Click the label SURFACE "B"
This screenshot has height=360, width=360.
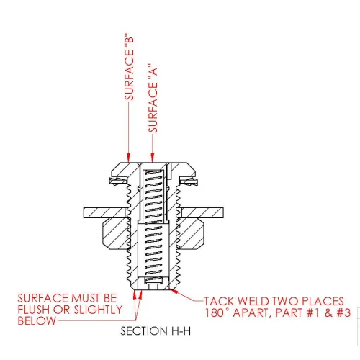click(129, 68)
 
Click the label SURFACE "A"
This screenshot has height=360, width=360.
click(153, 98)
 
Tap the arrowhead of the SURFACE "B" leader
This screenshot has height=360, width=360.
click(128, 158)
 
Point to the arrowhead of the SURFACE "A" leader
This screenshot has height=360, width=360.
click(152, 158)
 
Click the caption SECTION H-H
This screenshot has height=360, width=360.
click(156, 331)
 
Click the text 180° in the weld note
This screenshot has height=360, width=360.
click(217, 312)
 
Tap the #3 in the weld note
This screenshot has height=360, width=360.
click(344, 312)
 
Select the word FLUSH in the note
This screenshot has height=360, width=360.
click(34, 310)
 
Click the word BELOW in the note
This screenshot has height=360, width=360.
click(37, 321)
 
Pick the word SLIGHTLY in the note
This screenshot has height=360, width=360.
click(98, 310)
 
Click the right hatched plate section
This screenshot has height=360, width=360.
click(202, 213)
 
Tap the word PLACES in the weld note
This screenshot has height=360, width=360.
click(323, 301)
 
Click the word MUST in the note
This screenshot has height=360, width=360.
click(86, 298)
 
